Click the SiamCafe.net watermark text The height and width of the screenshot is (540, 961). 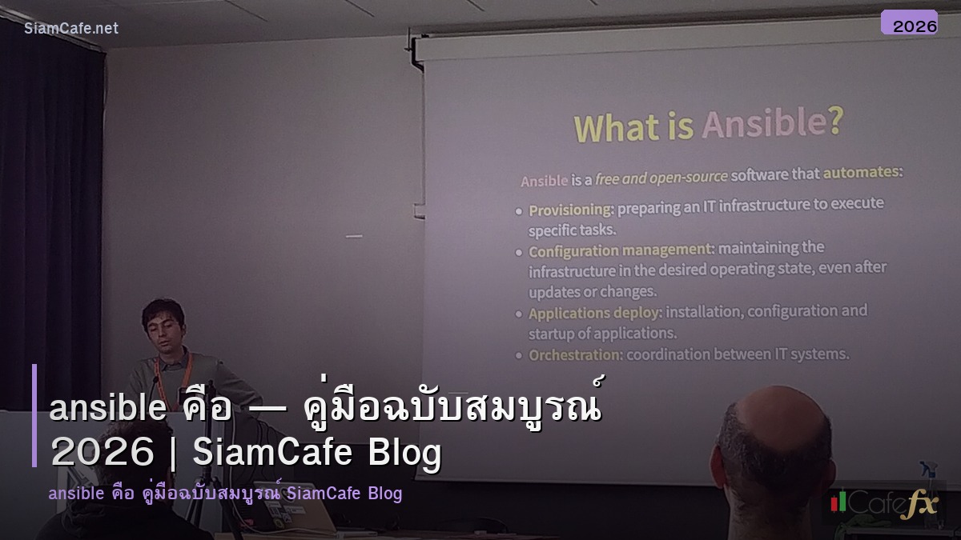tap(71, 28)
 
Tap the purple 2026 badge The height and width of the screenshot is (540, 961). tap(909, 23)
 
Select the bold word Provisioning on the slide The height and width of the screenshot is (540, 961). tap(570, 210)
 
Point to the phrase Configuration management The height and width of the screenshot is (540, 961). tap(620, 250)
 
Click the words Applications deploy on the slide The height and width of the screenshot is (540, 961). tap(595, 313)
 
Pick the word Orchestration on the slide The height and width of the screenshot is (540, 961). tap(575, 354)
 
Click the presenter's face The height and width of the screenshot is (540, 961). tap(165, 326)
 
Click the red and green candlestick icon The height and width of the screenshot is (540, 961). tap(838, 502)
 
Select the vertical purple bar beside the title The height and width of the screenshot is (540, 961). tap(34, 415)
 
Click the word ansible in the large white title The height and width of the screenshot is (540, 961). tap(107, 409)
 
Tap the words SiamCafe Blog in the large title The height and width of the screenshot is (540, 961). tap(317, 454)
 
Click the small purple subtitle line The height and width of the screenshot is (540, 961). tap(225, 494)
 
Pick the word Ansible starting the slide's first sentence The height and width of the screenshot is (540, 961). tap(545, 181)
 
